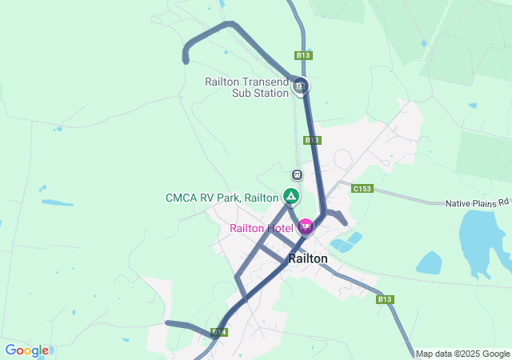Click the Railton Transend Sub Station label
pyautogui.click(x=246, y=87)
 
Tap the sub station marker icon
pyautogui.click(x=300, y=86)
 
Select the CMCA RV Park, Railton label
pyautogui.click(x=222, y=198)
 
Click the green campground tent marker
pyautogui.click(x=291, y=196)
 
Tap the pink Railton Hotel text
pyautogui.click(x=262, y=228)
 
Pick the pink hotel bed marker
pyautogui.click(x=305, y=227)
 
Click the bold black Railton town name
pyautogui.click(x=308, y=258)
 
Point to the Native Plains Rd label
pyautogui.click(x=477, y=203)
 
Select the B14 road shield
pyautogui.click(x=219, y=331)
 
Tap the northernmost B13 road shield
pyautogui.click(x=302, y=55)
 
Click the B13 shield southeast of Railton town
pyautogui.click(x=386, y=299)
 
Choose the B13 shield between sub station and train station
pyautogui.click(x=312, y=140)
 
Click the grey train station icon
pyautogui.click(x=297, y=174)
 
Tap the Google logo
pyautogui.click(x=26, y=350)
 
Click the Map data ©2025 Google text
pyautogui.click(x=462, y=354)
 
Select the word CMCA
pyautogui.click(x=182, y=198)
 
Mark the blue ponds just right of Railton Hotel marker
pyautogui.click(x=345, y=242)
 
